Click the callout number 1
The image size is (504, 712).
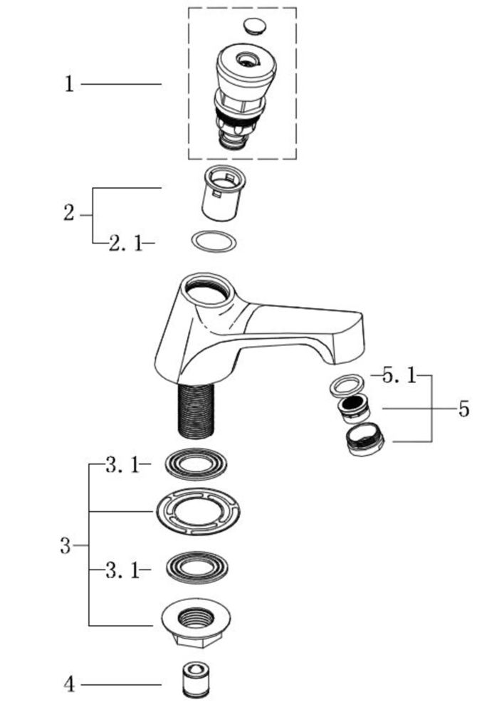[x=69, y=84]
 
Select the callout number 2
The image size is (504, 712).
[x=68, y=213]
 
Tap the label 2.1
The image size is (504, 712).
[x=125, y=244]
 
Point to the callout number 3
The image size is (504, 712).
[x=65, y=545]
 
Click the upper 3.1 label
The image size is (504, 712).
[x=122, y=464]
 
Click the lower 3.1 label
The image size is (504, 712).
[x=122, y=570]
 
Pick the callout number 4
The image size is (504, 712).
[x=69, y=684]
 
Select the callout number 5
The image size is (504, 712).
[x=463, y=409]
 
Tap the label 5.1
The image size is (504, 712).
[x=399, y=376]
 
